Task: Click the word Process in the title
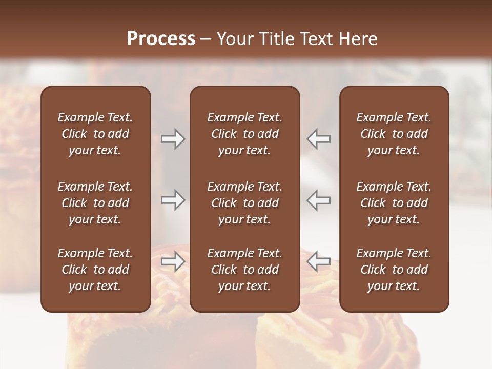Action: pyautogui.click(x=161, y=38)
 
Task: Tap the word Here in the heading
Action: pyautogui.click(x=357, y=38)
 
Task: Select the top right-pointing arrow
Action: pyautogui.click(x=173, y=139)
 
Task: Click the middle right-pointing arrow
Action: pyautogui.click(x=173, y=200)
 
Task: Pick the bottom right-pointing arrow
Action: pyautogui.click(x=173, y=261)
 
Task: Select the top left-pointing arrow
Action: pyautogui.click(x=319, y=139)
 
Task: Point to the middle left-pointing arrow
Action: pyautogui.click(x=319, y=200)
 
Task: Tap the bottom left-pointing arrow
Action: pyautogui.click(x=319, y=261)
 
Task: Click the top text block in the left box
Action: pyautogui.click(x=95, y=134)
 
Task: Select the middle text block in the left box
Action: pyautogui.click(x=95, y=203)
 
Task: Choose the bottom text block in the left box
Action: pyautogui.click(x=95, y=270)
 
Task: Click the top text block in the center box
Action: pyautogui.click(x=245, y=134)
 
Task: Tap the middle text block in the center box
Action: pyautogui.click(x=245, y=203)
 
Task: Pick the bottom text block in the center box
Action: pyautogui.click(x=245, y=270)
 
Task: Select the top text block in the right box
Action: pyautogui.click(x=394, y=134)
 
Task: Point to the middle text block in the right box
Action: pyautogui.click(x=394, y=203)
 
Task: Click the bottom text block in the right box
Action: pyautogui.click(x=394, y=270)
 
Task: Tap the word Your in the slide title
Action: pyautogui.click(x=234, y=38)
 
